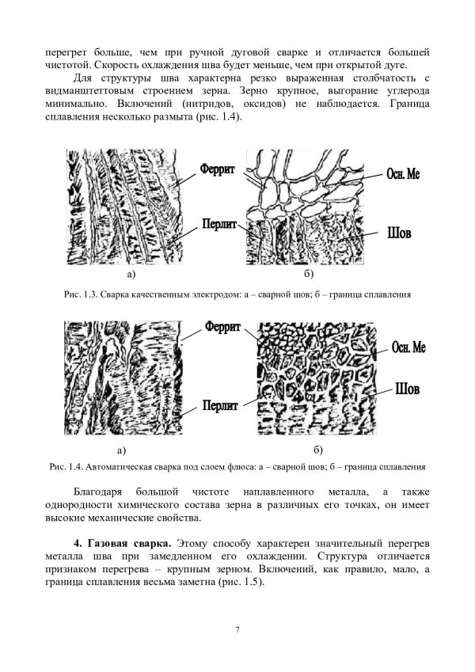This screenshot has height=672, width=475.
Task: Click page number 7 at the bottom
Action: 237,628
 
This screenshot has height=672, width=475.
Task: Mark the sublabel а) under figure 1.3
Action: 128,274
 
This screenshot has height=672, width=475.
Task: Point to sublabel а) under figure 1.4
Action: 121,450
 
